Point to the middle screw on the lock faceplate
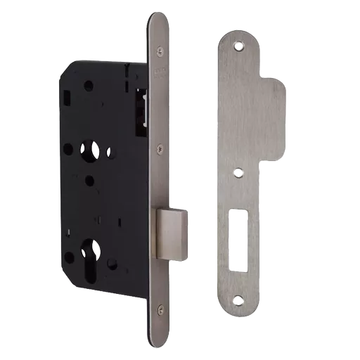(x=160, y=148)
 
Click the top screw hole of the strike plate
(x=238, y=46)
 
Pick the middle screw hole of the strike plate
(x=240, y=170)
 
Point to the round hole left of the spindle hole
(x=67, y=149)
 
